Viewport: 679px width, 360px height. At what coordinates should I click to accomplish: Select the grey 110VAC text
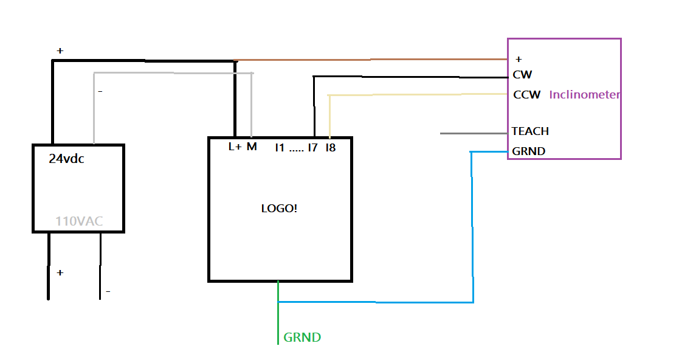point(79,221)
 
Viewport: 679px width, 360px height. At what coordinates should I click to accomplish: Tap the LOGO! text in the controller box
point(279,208)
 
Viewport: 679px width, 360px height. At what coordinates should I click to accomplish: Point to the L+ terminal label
point(235,147)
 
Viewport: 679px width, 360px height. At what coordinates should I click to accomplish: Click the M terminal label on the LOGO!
point(252,147)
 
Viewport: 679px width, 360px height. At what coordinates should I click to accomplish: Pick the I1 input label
point(280,147)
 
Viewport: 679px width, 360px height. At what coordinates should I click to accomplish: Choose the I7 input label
point(312,147)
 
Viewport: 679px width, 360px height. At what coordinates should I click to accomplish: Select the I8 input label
point(330,147)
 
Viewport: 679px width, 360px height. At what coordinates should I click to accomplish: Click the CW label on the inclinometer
point(522,75)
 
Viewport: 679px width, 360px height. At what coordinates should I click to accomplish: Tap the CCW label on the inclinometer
point(526,95)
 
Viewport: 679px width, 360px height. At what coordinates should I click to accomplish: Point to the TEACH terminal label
point(530,131)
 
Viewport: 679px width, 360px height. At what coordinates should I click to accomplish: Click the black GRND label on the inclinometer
point(529,151)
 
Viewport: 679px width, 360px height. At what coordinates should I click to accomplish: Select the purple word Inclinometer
point(585,95)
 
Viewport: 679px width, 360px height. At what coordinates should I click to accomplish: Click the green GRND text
point(302,337)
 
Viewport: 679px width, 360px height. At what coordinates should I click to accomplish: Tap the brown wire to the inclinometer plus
point(371,60)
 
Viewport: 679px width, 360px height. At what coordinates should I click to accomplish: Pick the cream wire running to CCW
point(419,94)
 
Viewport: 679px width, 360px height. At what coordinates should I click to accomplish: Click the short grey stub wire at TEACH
point(474,133)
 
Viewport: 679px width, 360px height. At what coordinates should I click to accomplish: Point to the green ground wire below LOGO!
point(278,322)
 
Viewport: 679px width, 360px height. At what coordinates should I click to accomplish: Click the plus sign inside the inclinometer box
point(519,60)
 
